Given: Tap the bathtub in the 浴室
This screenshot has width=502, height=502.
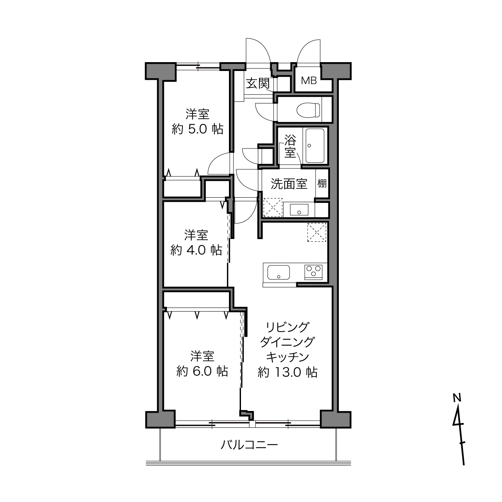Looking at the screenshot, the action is click(x=315, y=146).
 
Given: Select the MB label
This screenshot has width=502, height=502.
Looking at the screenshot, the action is click(x=309, y=81).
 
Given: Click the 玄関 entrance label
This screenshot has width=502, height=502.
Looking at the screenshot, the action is click(x=258, y=83).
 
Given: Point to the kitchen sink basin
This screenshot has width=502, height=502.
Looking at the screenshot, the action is click(x=279, y=273).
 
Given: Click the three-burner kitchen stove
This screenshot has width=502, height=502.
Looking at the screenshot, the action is click(x=314, y=272).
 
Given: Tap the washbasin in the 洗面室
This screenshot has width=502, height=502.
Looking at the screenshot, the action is click(x=299, y=210).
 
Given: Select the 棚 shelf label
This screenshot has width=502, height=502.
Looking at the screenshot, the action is click(x=322, y=184).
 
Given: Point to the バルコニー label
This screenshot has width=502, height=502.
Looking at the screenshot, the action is click(x=249, y=445).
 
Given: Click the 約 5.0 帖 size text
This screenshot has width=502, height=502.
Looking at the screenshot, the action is click(x=197, y=129).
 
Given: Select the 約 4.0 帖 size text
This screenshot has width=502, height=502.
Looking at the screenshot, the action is click(x=196, y=250).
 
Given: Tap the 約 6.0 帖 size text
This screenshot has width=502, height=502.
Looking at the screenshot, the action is click(x=202, y=371).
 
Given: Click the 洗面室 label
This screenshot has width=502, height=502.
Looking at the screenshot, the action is click(x=289, y=184).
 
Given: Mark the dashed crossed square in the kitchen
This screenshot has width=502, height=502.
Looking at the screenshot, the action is click(x=317, y=232).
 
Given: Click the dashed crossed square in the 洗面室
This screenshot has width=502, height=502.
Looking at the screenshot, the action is click(x=273, y=207).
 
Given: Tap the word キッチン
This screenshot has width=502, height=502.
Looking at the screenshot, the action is click(x=287, y=357).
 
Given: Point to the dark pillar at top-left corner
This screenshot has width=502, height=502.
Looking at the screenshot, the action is click(x=160, y=71).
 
